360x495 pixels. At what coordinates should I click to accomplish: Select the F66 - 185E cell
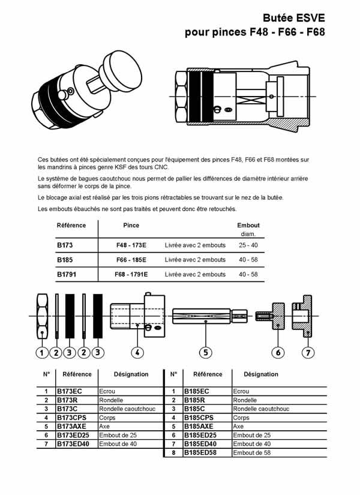131,260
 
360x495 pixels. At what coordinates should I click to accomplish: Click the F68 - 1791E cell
131,274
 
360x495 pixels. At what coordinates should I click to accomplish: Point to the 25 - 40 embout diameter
248,246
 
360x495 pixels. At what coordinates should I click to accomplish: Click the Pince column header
131,226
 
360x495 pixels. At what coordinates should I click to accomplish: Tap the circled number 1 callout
41,353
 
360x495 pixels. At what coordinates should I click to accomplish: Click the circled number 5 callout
205,353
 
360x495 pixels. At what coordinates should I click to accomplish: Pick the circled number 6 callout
278,353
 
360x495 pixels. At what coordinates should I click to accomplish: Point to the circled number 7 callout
308,353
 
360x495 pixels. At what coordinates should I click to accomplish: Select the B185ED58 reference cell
202,452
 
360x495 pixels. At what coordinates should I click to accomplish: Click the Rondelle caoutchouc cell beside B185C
261,409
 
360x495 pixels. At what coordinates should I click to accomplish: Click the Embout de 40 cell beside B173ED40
118,443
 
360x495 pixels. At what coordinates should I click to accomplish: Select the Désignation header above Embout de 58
261,374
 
